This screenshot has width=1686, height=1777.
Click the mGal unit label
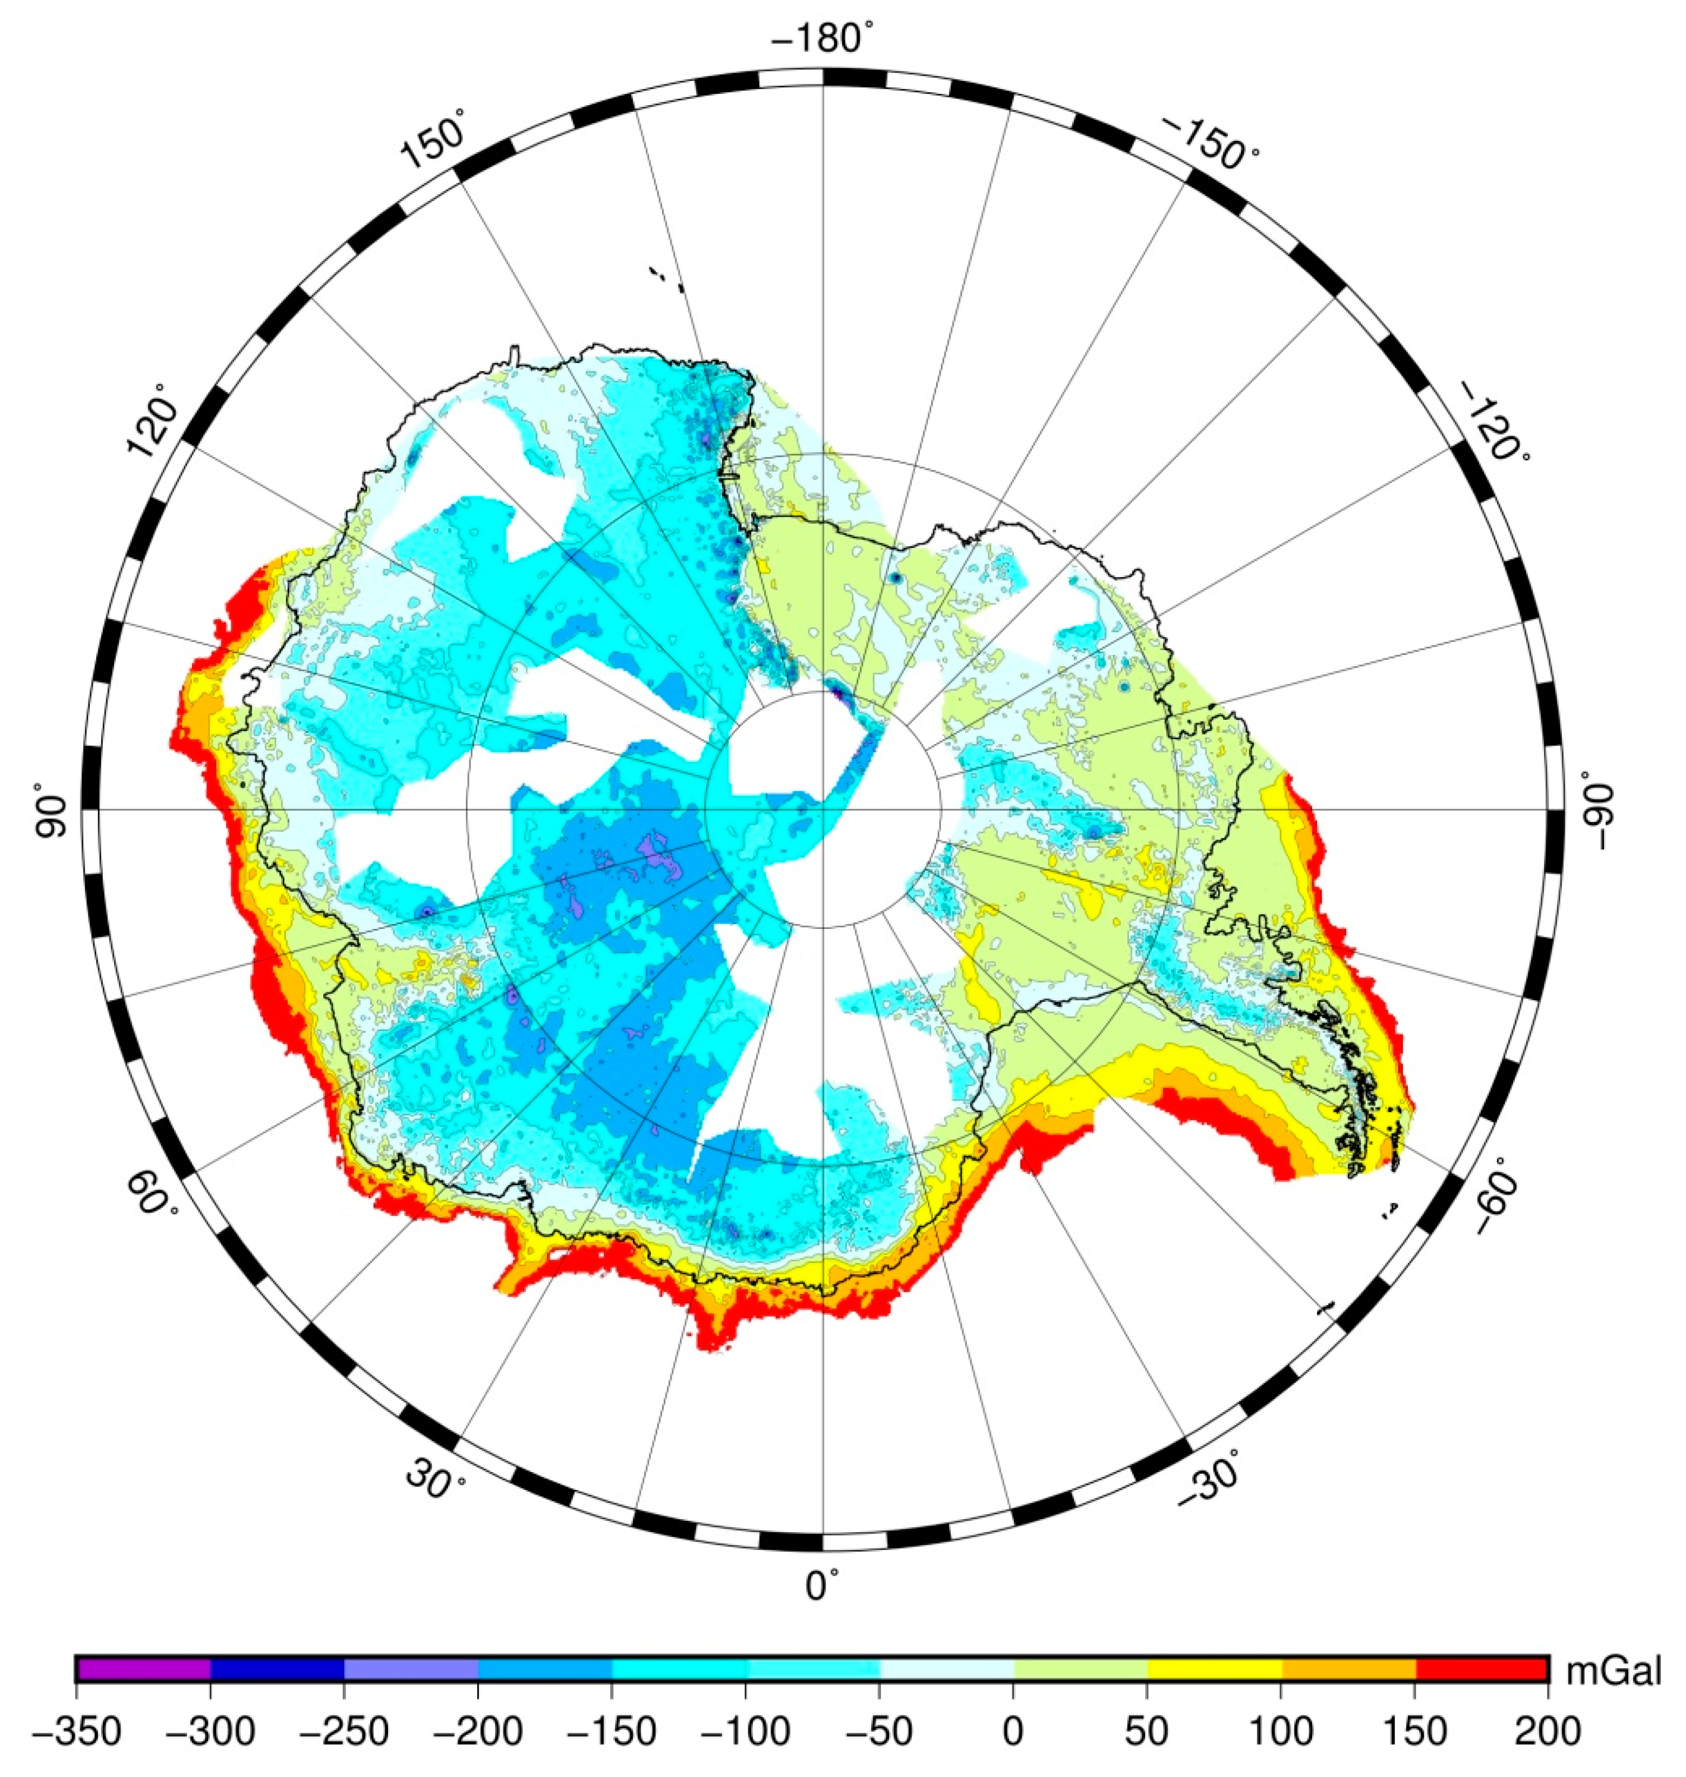coord(1613,1672)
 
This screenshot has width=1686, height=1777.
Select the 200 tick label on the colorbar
coord(1548,1730)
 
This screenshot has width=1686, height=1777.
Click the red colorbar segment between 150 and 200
coord(1481,1669)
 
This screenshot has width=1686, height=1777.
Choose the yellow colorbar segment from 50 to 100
coord(1214,1669)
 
